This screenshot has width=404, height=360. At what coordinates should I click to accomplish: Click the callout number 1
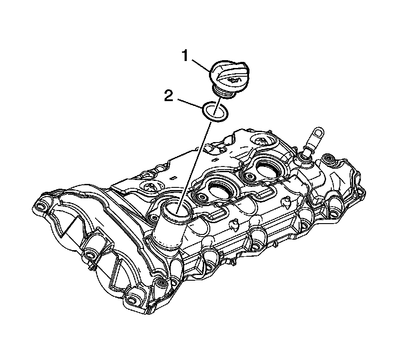[185, 56]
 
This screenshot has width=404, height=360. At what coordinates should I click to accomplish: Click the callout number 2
[169, 95]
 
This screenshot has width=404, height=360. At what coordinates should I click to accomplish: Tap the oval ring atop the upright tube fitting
[317, 136]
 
